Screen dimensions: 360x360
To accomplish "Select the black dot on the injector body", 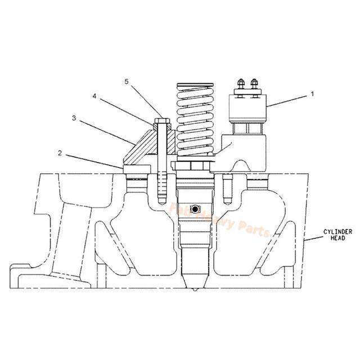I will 195,209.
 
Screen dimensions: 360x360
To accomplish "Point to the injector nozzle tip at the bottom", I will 194,289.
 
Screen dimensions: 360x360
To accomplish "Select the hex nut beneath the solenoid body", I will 247,130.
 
